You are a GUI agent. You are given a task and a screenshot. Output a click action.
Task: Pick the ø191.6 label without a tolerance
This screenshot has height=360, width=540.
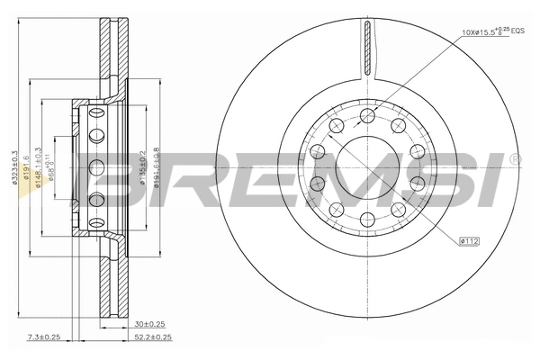pyautogui.click(x=28, y=168)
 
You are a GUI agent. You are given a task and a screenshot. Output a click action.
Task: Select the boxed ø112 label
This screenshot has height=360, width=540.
pyautogui.click(x=470, y=240)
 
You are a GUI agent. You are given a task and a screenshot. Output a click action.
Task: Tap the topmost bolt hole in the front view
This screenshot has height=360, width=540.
pyautogui.click(x=368, y=115)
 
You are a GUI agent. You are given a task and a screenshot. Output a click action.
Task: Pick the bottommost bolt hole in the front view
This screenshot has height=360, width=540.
pyautogui.click(x=368, y=220)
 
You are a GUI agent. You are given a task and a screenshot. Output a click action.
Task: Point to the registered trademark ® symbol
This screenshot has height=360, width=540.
pyautogui.click(x=514, y=159)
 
